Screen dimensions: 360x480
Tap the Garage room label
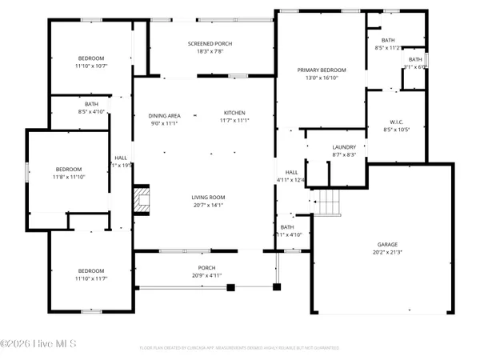coord(387,244)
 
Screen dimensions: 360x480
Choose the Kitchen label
coord(234,113)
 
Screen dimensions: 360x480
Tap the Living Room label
coord(207,197)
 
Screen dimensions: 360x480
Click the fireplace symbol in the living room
coord(142,200)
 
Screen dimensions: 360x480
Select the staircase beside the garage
coord(326,204)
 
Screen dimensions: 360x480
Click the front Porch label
coord(207,267)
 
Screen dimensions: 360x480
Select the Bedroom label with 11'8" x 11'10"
coord(69,169)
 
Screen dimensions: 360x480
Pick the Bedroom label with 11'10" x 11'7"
coord(91,270)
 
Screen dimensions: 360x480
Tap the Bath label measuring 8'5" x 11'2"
coord(388,40)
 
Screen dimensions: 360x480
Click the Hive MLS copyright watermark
coord(38,344)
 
